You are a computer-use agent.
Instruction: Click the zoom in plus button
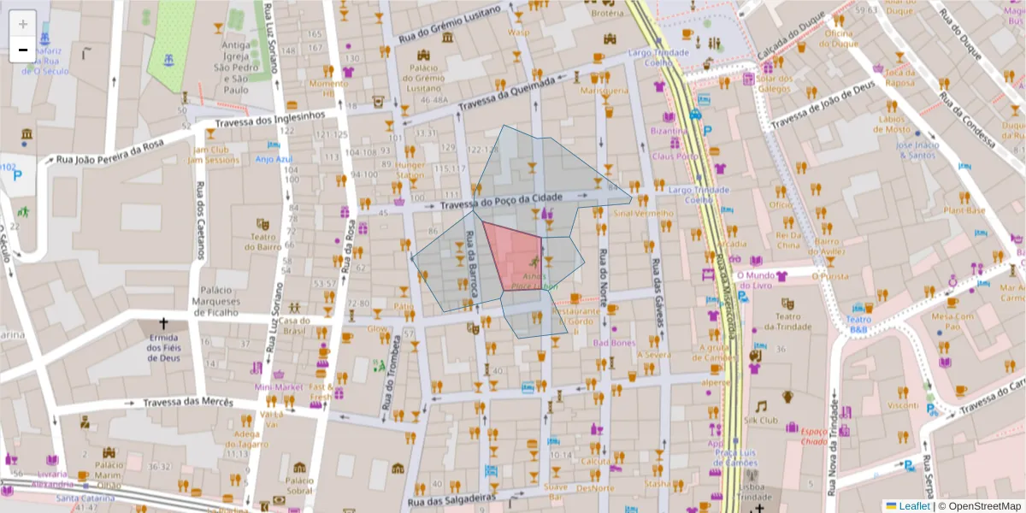point(23,24)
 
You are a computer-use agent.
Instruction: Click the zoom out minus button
point(23,50)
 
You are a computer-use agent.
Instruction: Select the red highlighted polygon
point(513,255)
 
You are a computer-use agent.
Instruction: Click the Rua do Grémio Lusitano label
point(449,23)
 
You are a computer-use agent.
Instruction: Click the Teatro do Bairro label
point(262,241)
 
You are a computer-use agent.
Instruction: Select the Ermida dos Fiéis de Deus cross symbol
point(163,325)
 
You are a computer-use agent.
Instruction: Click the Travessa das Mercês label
point(187,402)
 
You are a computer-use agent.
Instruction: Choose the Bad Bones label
point(615,343)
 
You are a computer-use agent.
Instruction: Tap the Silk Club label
point(761,421)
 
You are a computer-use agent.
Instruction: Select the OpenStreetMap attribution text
point(979,506)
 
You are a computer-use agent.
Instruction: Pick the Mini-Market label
point(279,387)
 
